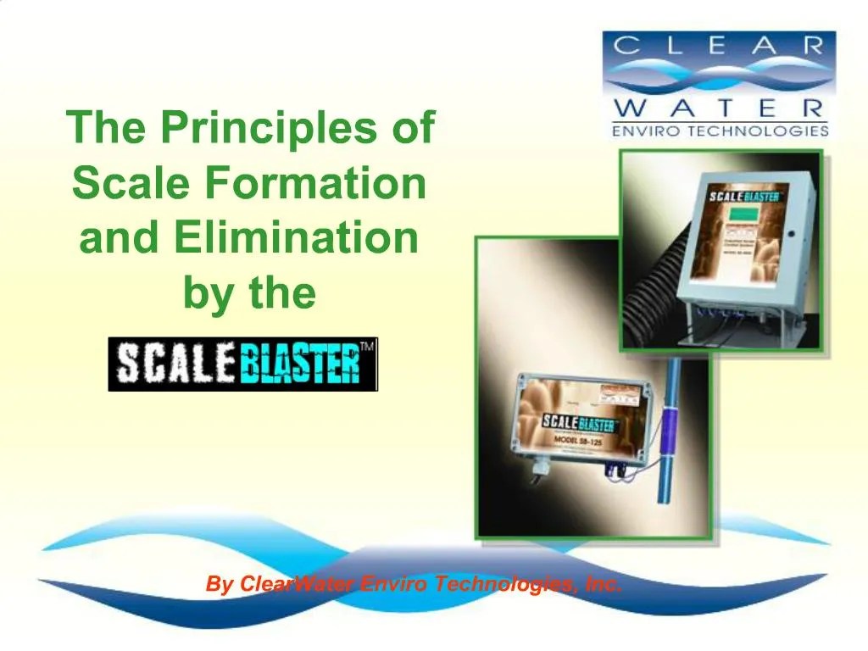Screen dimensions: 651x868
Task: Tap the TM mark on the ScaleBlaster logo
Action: click(x=368, y=348)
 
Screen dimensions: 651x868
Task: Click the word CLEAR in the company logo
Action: click(x=720, y=47)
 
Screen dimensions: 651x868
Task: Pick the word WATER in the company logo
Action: click(x=720, y=108)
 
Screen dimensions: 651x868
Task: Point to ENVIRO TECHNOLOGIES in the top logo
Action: click(x=720, y=131)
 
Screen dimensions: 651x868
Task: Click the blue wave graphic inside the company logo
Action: click(x=720, y=78)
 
